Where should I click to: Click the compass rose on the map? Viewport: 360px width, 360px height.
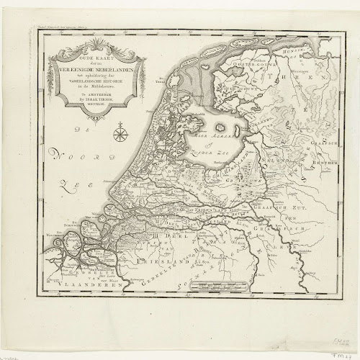click(122, 132)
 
